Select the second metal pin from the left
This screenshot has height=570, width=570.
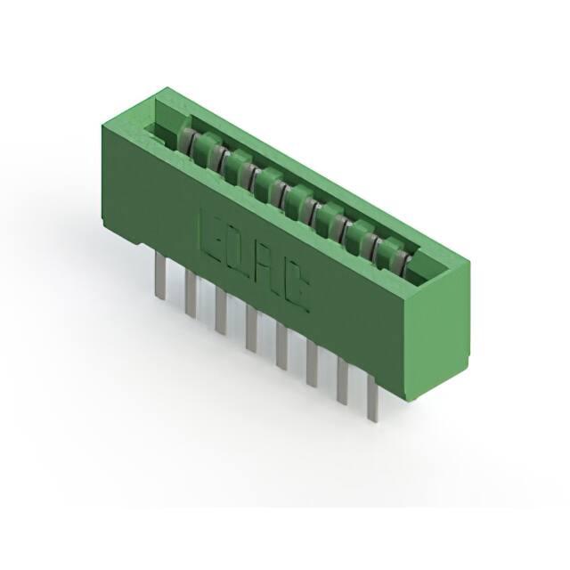[x=191, y=293]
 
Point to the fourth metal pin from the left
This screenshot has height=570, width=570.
[x=251, y=329]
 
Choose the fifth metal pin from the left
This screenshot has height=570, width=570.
[x=281, y=346]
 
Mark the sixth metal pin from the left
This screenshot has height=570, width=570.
[x=312, y=363]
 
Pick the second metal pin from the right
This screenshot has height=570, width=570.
[x=343, y=381]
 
